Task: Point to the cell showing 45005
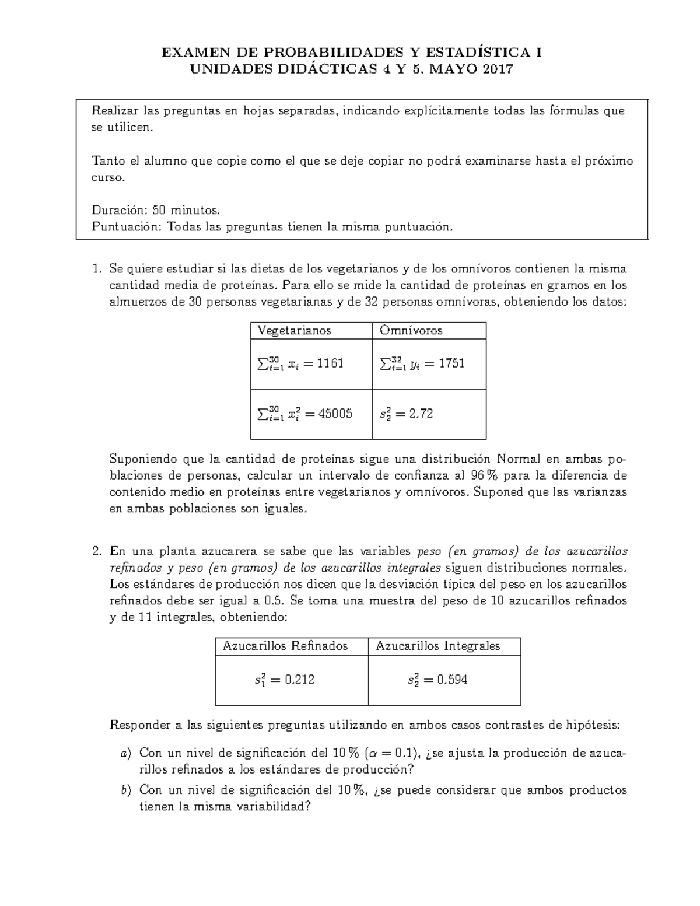tap(304, 414)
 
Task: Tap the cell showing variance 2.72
tap(406, 414)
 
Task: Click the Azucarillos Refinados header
tap(285, 646)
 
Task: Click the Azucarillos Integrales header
tap(438, 646)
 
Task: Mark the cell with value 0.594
tap(437, 680)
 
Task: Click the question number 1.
tap(97, 269)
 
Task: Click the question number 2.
tap(97, 551)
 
